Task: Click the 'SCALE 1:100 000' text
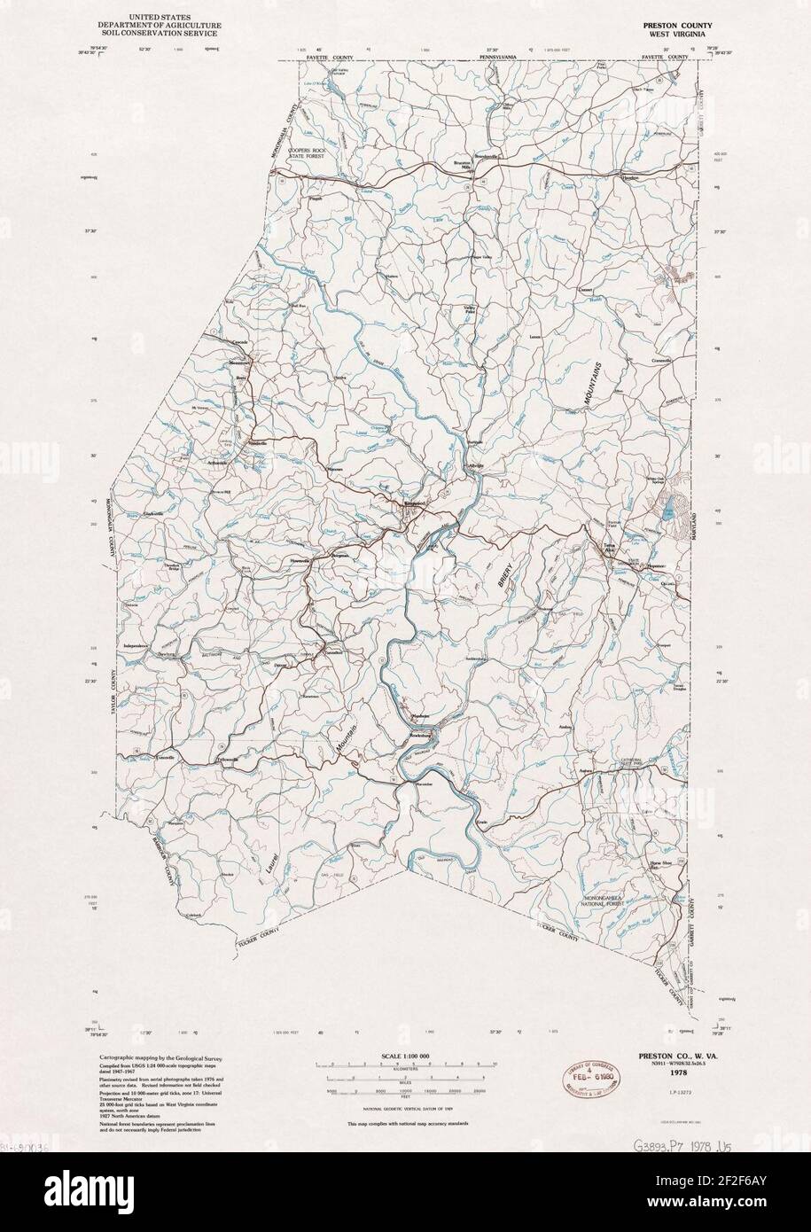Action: (x=404, y=1057)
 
